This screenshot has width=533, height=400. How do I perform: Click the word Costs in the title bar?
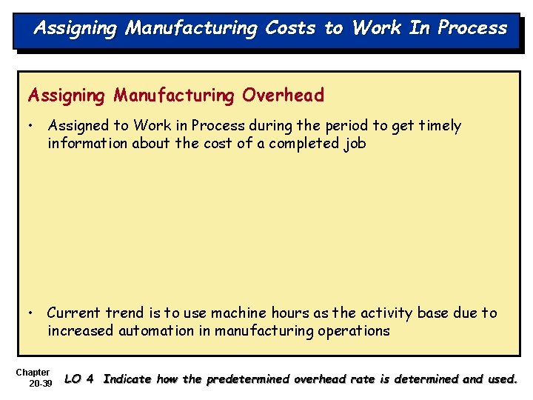tap(291, 28)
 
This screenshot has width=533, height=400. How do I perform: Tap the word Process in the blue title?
tap(472, 28)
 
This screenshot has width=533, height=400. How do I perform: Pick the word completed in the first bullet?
tap(304, 143)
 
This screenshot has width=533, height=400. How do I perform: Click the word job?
tap(355, 144)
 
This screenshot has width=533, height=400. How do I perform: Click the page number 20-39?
tap(40, 384)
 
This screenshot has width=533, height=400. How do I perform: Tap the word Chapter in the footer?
tap(33, 372)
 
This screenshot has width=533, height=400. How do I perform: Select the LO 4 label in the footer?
tap(79, 379)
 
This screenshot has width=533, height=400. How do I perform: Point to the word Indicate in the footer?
tap(129, 379)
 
